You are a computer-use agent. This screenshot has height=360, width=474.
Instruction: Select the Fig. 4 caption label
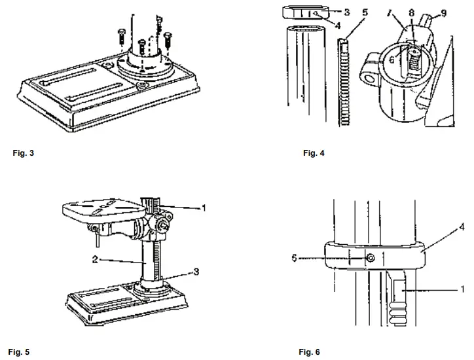pos(314,153)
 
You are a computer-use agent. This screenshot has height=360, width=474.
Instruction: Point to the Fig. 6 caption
pos(310,351)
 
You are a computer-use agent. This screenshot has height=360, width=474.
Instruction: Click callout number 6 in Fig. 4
pos(392,58)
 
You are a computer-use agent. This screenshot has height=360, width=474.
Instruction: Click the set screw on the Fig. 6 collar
pos(371,259)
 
